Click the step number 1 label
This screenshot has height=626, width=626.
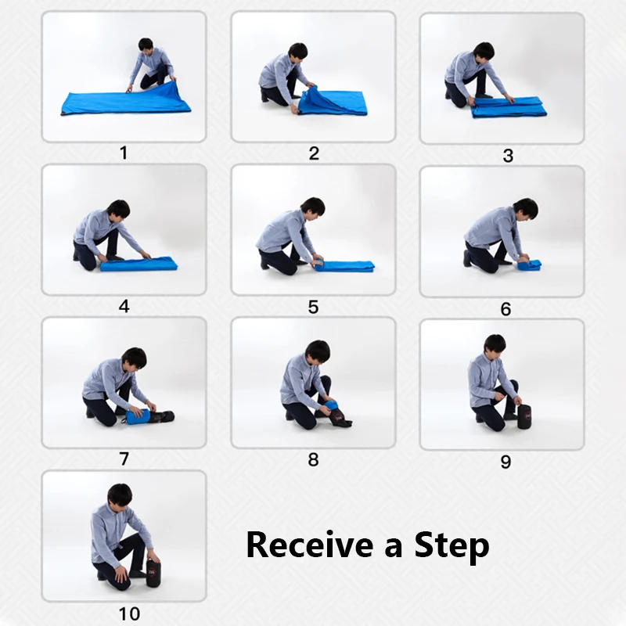click(124, 153)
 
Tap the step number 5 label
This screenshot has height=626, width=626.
click(313, 307)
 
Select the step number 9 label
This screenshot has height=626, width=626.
click(505, 462)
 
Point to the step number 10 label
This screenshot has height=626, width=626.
click(124, 614)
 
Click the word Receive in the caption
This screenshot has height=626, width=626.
click(309, 545)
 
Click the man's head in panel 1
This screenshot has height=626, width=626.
click(146, 45)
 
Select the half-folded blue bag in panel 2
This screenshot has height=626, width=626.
click(333, 102)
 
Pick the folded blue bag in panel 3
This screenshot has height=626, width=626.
click(509, 106)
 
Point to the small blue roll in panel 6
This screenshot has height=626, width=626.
click(530, 265)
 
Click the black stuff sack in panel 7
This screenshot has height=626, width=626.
click(162, 416)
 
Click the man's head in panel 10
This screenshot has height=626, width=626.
click(120, 495)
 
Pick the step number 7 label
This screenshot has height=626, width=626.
click(124, 459)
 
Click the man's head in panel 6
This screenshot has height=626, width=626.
click(525, 209)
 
